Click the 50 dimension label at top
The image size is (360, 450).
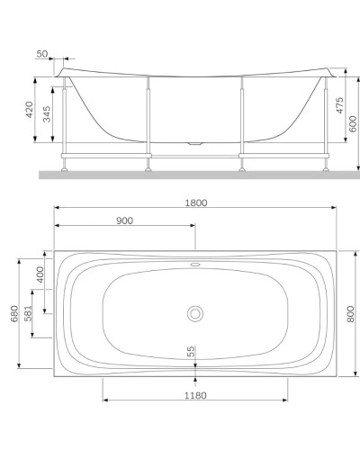pyautogui.click(x=67, y=55)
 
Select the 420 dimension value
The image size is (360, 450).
pyautogui.click(x=31, y=111)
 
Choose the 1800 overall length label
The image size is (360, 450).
pyautogui.click(x=195, y=202)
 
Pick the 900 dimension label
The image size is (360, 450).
pyautogui.click(x=125, y=221)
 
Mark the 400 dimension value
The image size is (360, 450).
pyautogui.click(x=39, y=274)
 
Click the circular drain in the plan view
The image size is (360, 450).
pyautogui.click(x=195, y=313)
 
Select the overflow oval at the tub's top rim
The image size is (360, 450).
pyautogui.click(x=195, y=265)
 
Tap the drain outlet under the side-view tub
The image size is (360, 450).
pyautogui.click(x=195, y=142)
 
